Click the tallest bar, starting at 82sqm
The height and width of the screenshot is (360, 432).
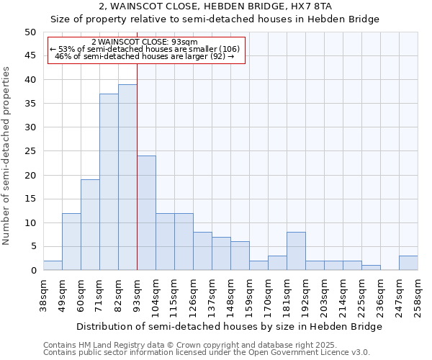127,177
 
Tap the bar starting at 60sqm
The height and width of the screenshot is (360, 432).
90,225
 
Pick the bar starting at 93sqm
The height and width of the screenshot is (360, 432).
146,213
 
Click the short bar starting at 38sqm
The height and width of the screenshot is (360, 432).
53,266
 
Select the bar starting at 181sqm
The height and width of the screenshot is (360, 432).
296,251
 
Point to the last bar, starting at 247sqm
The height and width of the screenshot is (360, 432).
408,263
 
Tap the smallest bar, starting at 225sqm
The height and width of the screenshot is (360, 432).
371,268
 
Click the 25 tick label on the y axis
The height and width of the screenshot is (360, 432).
30,151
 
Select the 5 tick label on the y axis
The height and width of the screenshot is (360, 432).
33,246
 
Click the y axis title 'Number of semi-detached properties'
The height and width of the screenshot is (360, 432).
7,156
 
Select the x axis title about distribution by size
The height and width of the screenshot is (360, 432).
229,326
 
